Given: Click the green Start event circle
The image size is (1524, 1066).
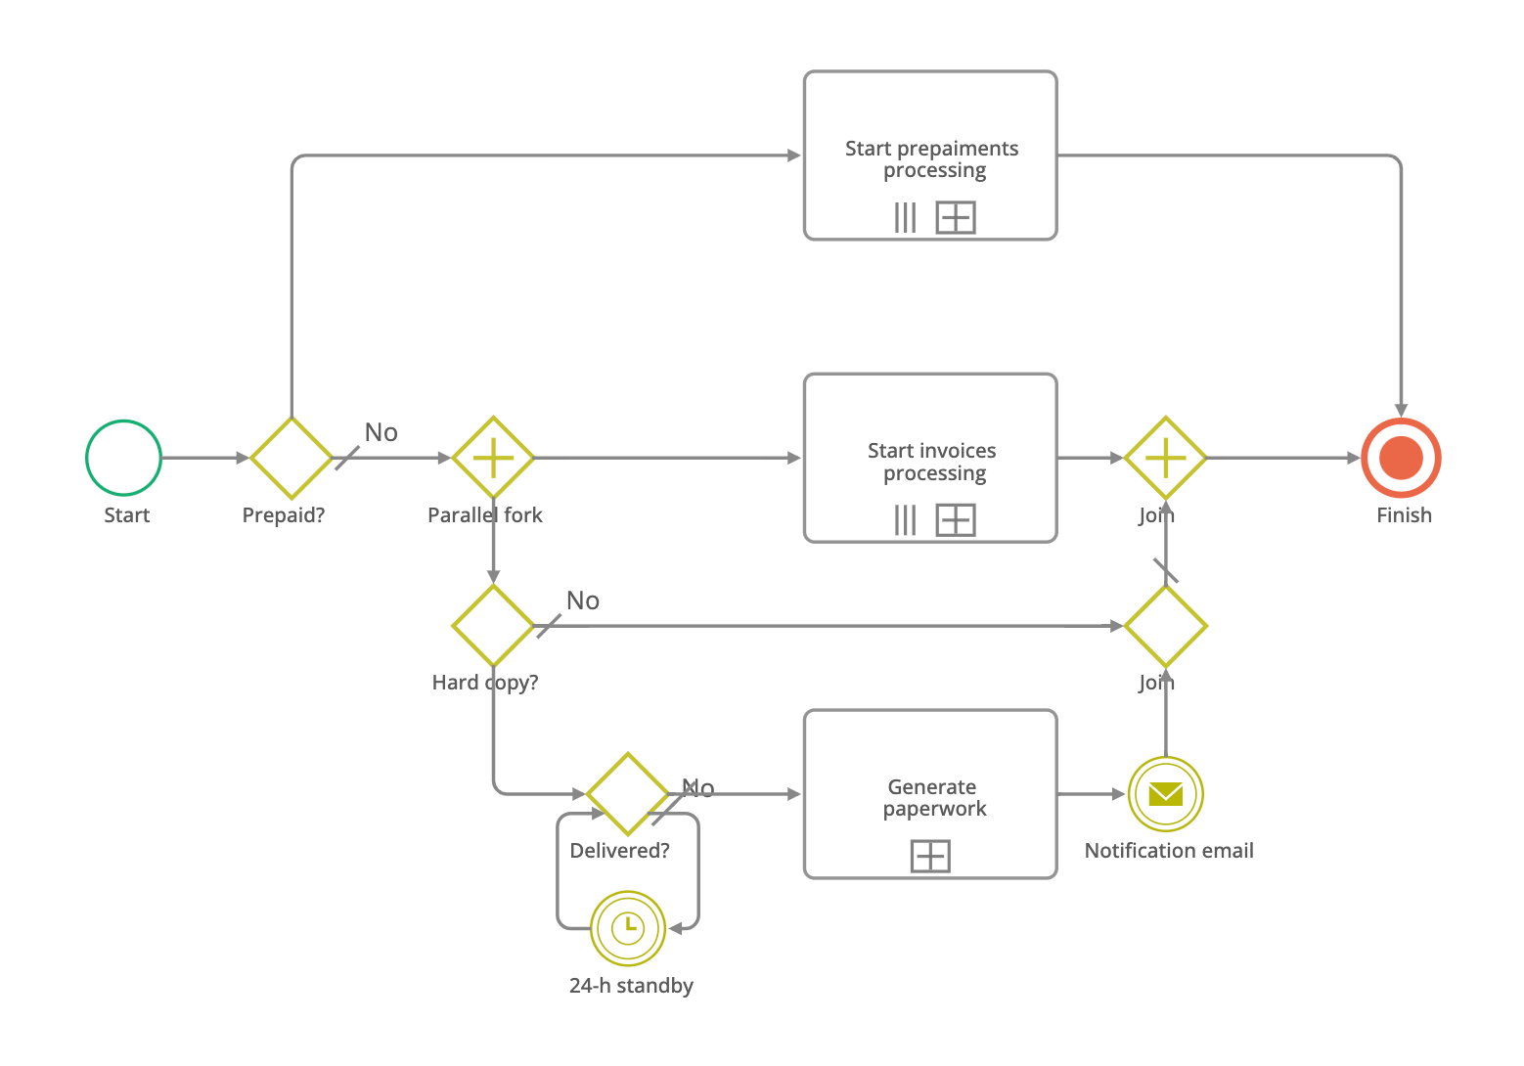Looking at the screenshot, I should [x=123, y=458].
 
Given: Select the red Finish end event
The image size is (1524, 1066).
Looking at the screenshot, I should [x=1401, y=458].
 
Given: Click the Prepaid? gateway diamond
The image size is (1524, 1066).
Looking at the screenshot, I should [x=291, y=458].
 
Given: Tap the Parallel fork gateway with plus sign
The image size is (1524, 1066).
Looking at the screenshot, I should [x=493, y=458].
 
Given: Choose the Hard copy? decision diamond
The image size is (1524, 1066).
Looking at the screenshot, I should [x=493, y=626].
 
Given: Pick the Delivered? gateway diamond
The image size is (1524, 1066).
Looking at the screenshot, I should [x=627, y=793].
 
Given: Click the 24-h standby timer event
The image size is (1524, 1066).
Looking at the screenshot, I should [x=628, y=927].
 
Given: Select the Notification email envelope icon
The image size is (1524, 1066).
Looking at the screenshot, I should [x=1165, y=794].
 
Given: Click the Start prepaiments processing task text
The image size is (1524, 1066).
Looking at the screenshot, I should [x=932, y=159].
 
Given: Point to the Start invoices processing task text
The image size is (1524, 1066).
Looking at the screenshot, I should [x=932, y=462].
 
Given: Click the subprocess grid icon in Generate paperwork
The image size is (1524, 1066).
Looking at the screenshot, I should [x=930, y=857].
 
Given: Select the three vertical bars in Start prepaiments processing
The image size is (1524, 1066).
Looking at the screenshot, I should [x=906, y=217].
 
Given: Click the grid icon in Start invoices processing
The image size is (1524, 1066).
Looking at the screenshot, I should [x=956, y=519].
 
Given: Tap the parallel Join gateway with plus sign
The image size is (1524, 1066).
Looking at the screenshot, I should [x=1165, y=458].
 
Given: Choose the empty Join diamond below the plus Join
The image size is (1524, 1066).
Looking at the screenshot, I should [x=1165, y=626].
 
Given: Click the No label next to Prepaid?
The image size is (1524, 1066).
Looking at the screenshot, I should [x=381, y=432].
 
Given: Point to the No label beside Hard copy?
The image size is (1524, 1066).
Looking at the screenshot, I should [x=583, y=600].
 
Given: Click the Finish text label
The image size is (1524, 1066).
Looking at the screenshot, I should [x=1404, y=515].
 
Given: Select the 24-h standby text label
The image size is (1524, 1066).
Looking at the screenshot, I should [x=631, y=986].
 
